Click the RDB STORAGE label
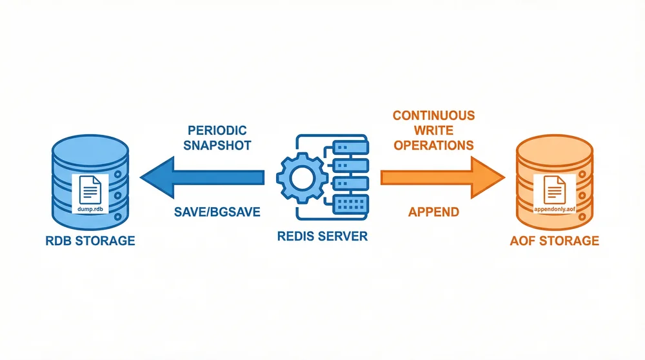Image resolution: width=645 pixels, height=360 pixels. click(91, 241)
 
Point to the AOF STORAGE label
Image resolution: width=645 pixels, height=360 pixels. click(554, 241)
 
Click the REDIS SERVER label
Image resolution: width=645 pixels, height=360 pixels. click(322, 236)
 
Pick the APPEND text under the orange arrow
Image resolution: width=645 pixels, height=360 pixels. click(433, 212)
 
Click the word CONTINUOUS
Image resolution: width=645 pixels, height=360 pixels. click(433, 115)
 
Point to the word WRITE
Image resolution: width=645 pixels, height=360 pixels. click(433, 130)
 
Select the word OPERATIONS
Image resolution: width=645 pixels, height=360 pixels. click(433, 145)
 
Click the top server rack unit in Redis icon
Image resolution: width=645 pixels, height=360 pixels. click(350, 148)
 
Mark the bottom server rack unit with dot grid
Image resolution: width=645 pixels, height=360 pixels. click(350, 203)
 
